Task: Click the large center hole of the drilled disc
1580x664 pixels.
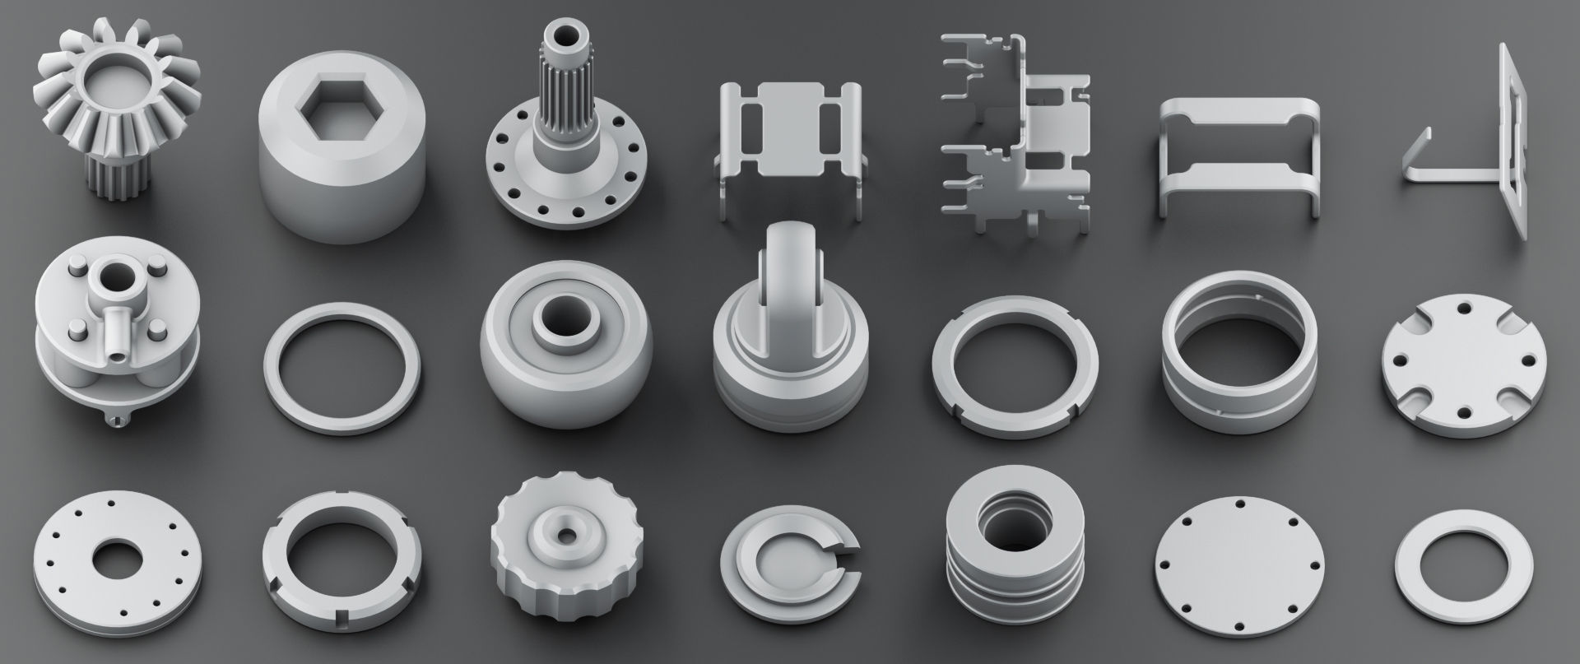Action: tap(118, 560)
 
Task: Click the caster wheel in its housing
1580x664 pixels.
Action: tap(790, 337)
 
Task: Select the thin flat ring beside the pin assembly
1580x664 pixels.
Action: tap(342, 367)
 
